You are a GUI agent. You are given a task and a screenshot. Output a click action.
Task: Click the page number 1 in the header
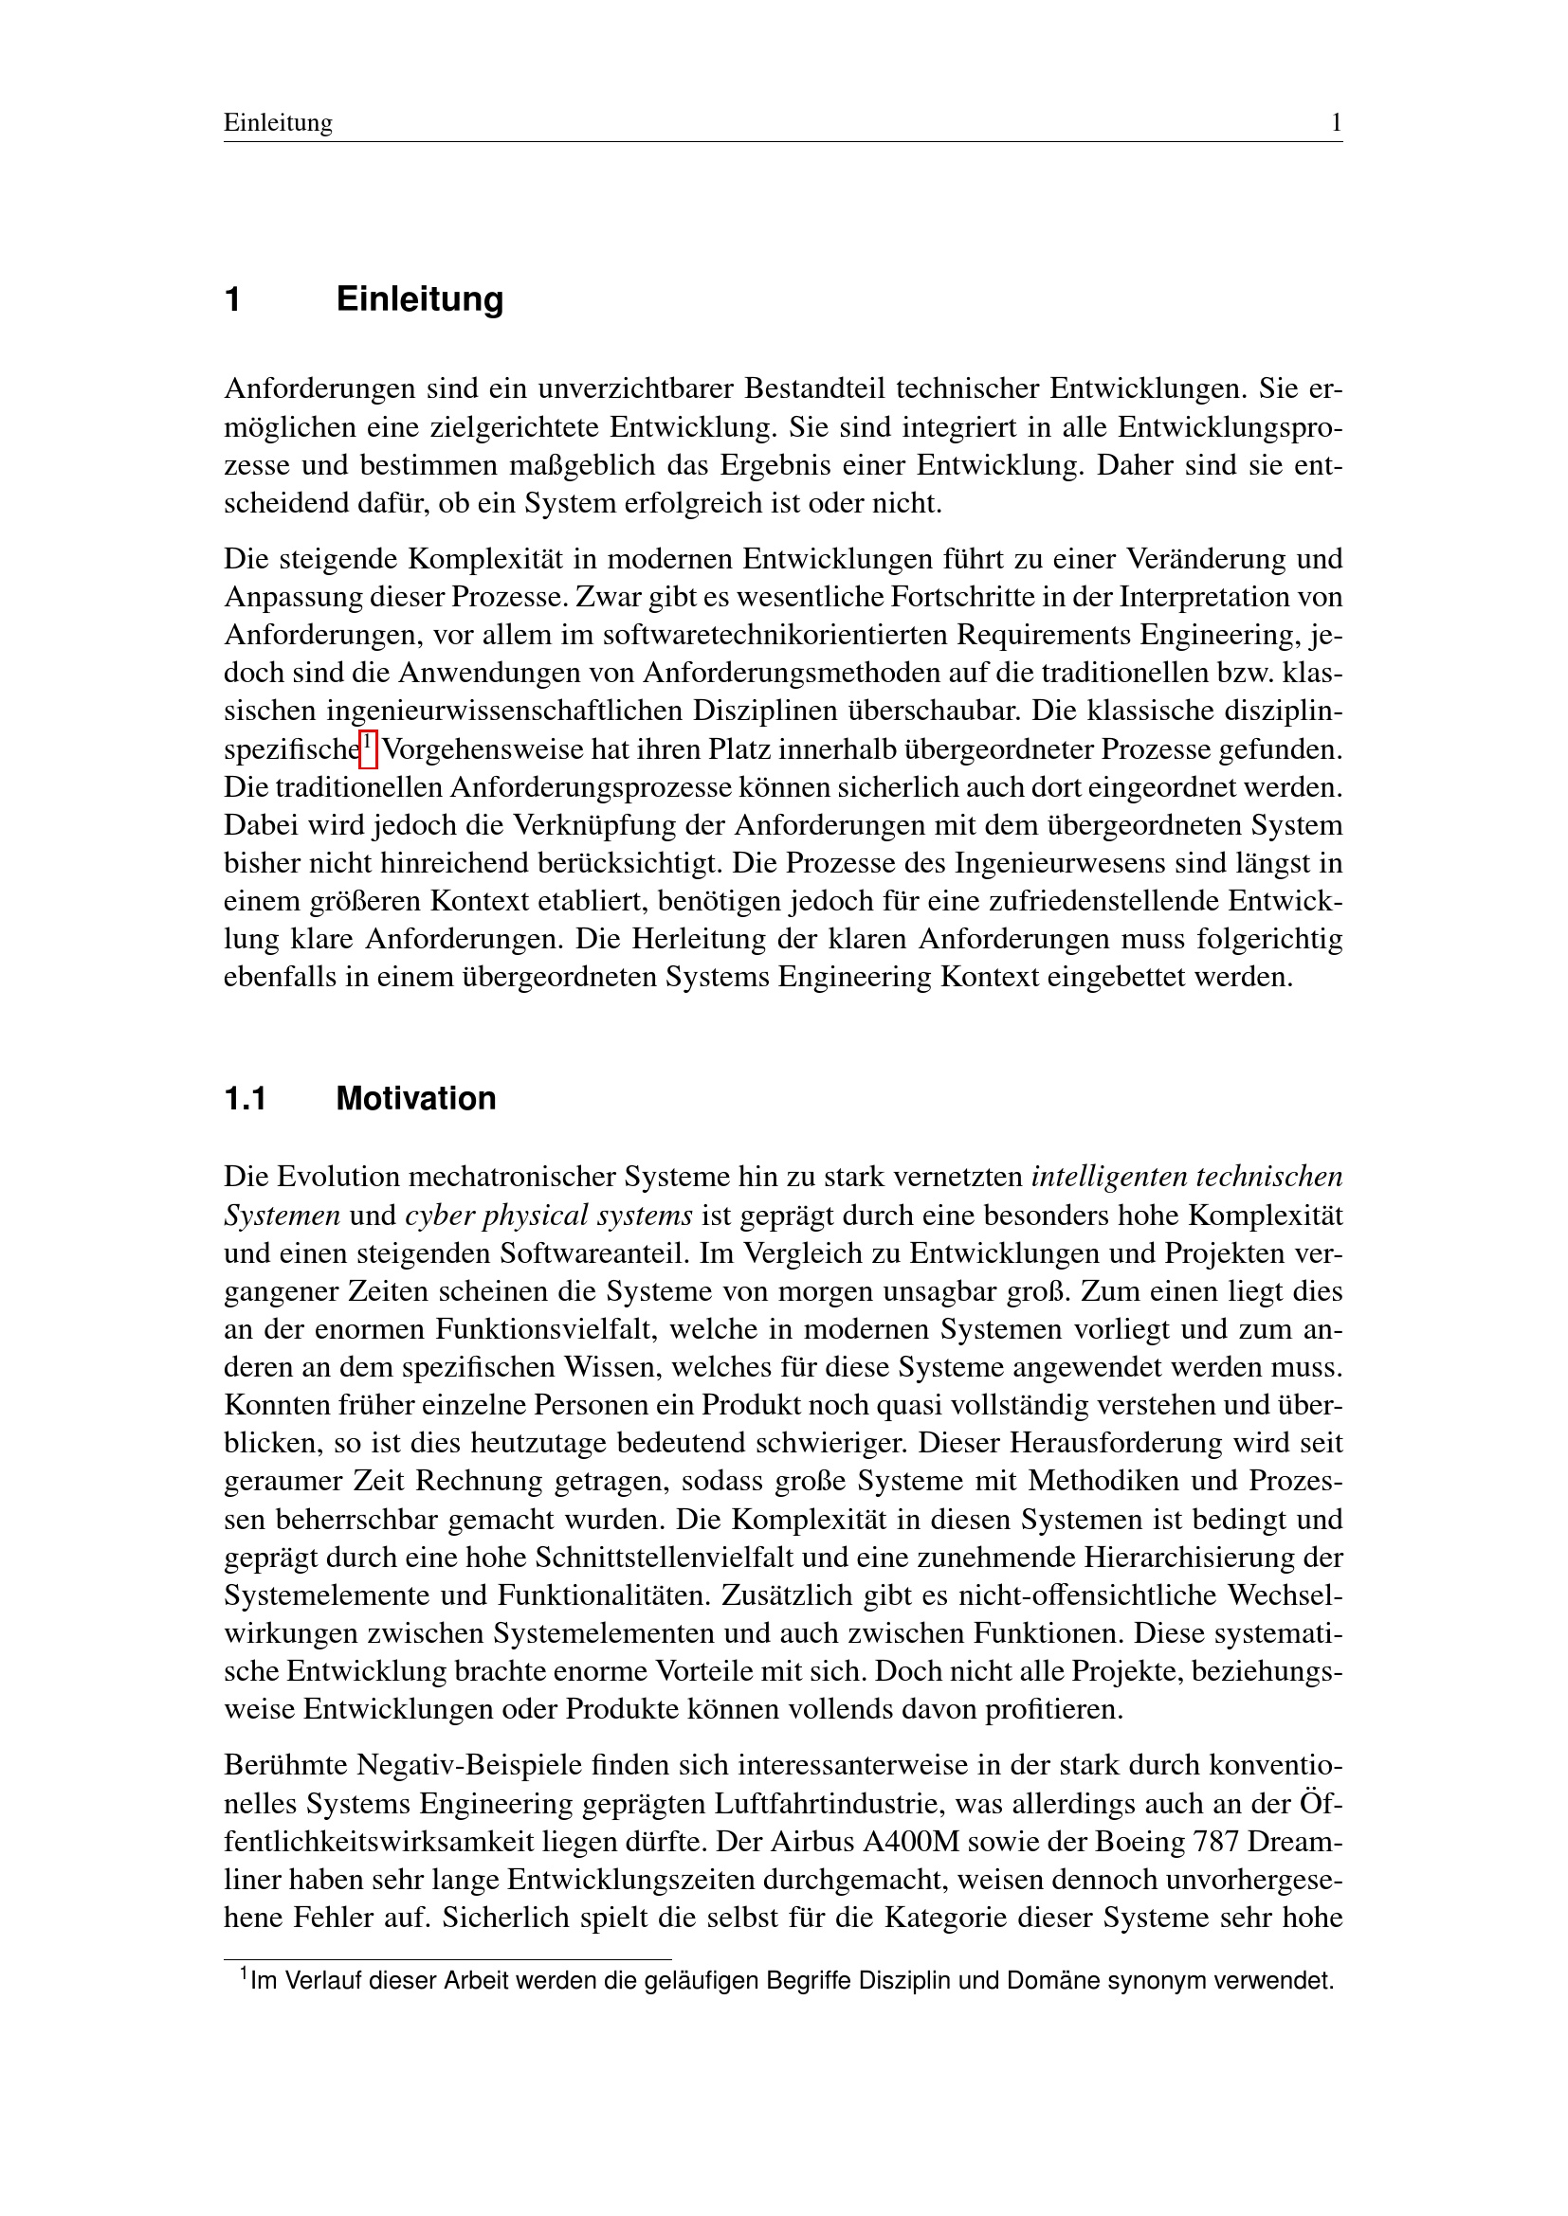pos(1337,122)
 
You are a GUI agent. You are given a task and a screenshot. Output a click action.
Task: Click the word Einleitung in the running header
pos(278,122)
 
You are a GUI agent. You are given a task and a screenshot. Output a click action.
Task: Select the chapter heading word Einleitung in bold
pos(419,299)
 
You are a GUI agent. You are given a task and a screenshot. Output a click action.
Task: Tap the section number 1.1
pos(246,1098)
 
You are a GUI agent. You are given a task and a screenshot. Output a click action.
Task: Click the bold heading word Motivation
pos(415,1098)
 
